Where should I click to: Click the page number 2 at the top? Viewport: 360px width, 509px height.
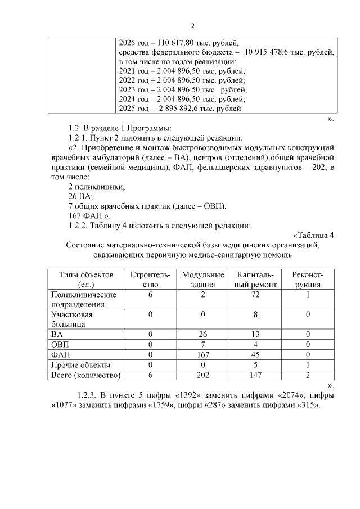click(193, 25)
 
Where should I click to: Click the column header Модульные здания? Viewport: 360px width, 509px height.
click(203, 280)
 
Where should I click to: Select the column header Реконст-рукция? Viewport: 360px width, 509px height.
click(308, 280)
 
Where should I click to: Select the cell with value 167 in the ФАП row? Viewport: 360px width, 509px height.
click(203, 354)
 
